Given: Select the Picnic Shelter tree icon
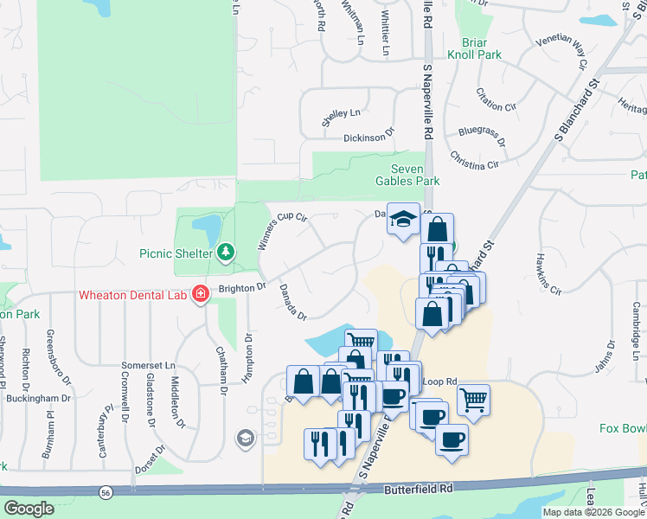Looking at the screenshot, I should pos(226,252).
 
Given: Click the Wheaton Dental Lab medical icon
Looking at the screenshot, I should pos(201,294).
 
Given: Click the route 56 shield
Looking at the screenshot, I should pos(104,491).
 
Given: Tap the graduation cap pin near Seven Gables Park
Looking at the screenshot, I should pos(403,221).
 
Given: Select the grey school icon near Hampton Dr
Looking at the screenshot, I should pos(246,439).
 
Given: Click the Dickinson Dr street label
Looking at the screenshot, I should pos(368,136).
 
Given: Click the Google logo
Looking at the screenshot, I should pos(29,509).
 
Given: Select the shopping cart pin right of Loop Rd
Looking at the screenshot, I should pos(472,400).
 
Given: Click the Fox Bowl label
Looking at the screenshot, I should pos(622,428).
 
